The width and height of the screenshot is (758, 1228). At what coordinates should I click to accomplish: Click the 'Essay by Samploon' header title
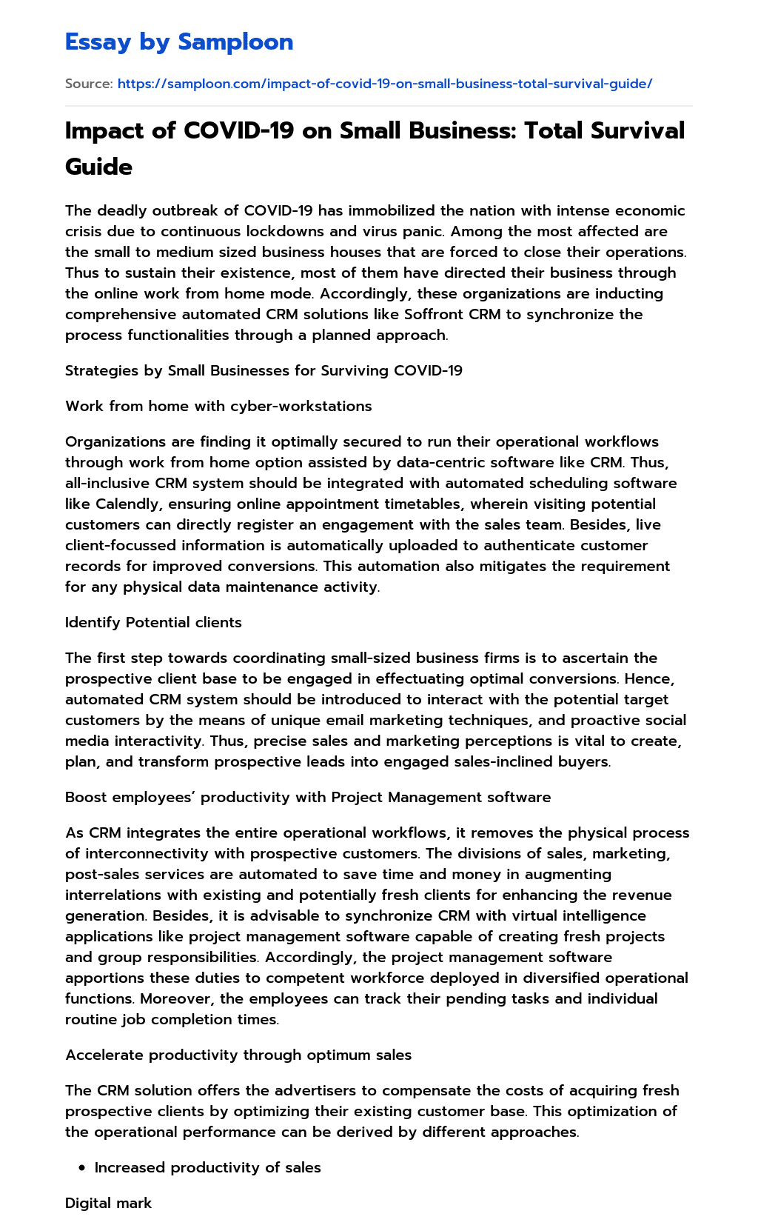tap(179, 42)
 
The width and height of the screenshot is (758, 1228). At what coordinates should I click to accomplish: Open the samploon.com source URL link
tap(384, 84)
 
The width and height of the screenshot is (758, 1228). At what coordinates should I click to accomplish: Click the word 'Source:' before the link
tap(89, 84)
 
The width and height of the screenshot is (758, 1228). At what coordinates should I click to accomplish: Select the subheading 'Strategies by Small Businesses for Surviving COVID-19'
tap(264, 370)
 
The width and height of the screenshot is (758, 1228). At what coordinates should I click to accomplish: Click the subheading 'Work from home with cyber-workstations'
tap(218, 406)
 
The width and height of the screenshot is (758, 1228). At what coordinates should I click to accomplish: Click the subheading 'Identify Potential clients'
tap(153, 622)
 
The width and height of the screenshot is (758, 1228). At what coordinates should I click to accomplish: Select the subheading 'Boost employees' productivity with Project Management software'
tap(308, 797)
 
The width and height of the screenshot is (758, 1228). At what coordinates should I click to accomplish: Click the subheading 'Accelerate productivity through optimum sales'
tap(238, 1055)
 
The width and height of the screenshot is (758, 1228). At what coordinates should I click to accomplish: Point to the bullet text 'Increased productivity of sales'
tap(207, 1168)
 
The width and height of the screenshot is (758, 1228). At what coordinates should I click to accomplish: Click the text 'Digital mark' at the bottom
tap(108, 1203)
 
